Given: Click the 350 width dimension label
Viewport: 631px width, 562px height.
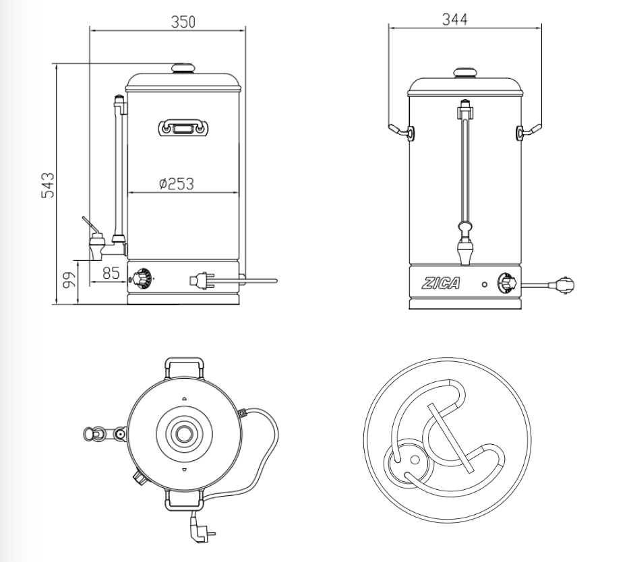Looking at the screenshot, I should [183, 22].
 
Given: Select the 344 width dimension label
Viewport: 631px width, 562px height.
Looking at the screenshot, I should [454, 19].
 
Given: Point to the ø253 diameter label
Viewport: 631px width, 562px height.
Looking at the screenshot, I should [177, 183].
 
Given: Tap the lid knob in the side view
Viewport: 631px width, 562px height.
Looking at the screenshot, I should [182, 68].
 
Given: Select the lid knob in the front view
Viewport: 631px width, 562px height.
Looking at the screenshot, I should [464, 72].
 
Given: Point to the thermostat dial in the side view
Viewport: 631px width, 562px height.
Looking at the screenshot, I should [142, 278].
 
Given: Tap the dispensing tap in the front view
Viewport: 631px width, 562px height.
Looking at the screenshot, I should [464, 251].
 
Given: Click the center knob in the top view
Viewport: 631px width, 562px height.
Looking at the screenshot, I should [182, 433].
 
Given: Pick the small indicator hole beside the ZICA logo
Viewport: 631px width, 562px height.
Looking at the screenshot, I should [484, 284].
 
